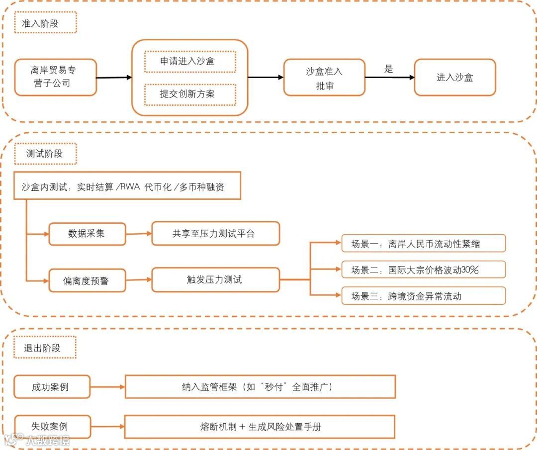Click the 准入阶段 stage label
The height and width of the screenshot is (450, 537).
pyautogui.click(x=45, y=23)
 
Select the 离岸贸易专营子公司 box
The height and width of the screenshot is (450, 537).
pyautogui.click(x=55, y=77)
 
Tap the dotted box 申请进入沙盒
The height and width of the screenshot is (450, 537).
pyautogui.click(x=190, y=61)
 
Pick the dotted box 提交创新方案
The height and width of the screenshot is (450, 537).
pyautogui.click(x=190, y=94)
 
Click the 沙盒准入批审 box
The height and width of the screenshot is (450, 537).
pyautogui.click(x=324, y=78)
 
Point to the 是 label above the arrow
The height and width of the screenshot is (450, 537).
pyautogui.click(x=389, y=69)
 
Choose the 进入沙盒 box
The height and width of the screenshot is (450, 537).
pyautogui.click(x=454, y=78)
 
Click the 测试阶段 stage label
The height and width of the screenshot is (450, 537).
pyautogui.click(x=45, y=154)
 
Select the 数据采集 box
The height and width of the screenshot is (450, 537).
pyautogui.click(x=87, y=234)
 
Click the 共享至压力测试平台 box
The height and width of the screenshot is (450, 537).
pyautogui.click(x=215, y=234)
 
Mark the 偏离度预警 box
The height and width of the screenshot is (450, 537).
pyautogui.click(x=87, y=280)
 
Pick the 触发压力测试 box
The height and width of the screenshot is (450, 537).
pyautogui.click(x=215, y=279)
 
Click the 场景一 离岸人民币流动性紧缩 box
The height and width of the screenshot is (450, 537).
pyautogui.click(x=423, y=244)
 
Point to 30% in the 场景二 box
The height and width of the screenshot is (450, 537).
pyautogui.click(x=469, y=270)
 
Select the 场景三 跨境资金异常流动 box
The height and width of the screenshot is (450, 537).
pyautogui.click(x=423, y=296)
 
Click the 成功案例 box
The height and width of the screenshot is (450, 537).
pyautogui.click(x=52, y=387)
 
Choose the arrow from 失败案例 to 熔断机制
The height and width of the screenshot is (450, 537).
pyautogui.click(x=107, y=427)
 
